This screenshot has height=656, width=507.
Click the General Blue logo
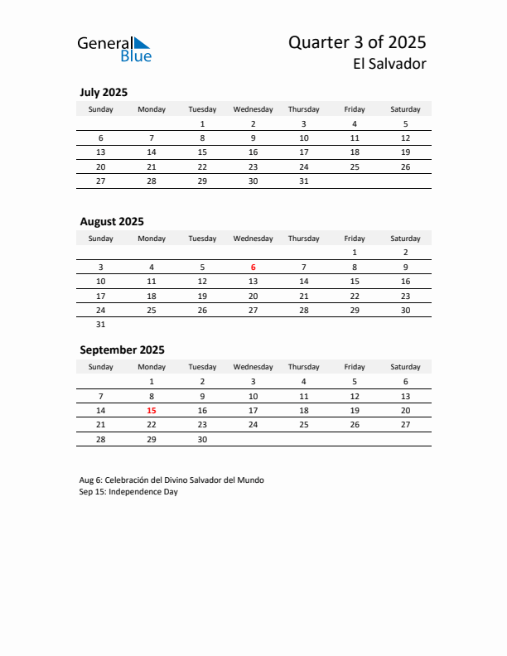114,49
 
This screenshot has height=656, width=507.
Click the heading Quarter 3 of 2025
357,42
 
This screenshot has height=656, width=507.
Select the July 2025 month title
104,92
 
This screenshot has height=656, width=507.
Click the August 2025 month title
112,221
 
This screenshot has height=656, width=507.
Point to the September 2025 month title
122,350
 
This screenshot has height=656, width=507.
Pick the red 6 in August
254,267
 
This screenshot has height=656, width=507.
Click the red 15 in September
152,410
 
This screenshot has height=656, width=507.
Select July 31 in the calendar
304,181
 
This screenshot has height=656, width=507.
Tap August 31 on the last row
101,325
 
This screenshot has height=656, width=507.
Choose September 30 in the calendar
202,440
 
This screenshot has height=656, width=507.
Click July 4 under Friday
355,123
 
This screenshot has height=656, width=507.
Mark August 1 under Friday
355,252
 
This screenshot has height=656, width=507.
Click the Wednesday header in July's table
253,109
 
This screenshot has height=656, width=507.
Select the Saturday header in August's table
405,239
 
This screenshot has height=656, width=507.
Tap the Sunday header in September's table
101,367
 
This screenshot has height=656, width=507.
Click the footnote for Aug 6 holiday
171,480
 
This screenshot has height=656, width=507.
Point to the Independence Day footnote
128,491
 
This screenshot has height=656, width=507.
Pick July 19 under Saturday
405,152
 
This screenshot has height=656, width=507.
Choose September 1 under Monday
152,381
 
